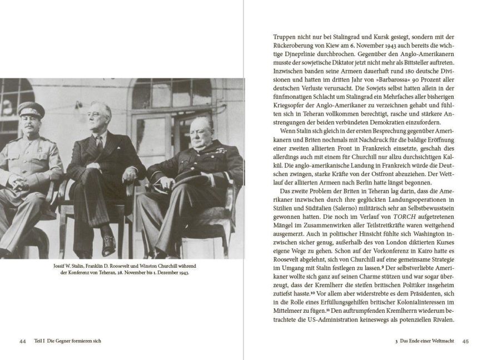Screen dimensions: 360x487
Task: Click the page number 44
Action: coord(23,341)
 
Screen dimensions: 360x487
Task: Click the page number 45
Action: coord(465,341)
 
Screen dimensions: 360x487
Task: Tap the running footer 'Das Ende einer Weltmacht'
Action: coord(425,341)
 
